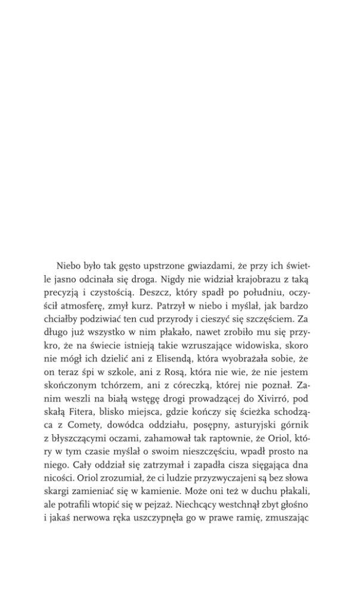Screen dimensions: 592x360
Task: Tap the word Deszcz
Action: [166, 292]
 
